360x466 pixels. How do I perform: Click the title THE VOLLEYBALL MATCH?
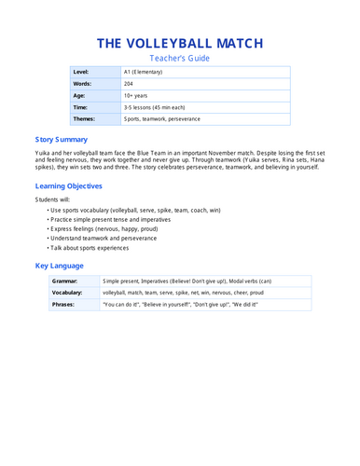180,43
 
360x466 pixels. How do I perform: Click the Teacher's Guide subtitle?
180,59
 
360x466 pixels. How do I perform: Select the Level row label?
83,72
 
